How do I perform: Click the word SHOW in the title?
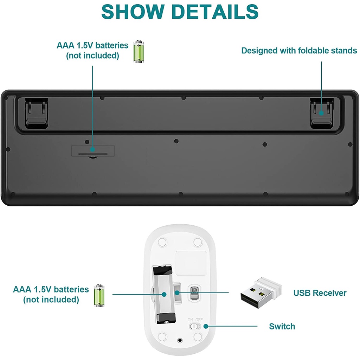tap(133, 12)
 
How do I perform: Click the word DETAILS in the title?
tap(215, 12)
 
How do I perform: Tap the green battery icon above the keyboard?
tap(139, 51)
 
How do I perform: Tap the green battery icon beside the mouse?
tap(99, 295)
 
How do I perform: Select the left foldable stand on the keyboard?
tap(37, 113)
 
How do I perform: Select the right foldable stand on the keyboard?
tap(321, 113)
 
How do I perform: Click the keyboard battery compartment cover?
tap(93, 151)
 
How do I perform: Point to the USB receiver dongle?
tap(261, 292)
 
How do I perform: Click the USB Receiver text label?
tap(320, 293)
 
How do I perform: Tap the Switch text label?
tap(282, 326)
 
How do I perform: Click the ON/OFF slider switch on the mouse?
tap(195, 326)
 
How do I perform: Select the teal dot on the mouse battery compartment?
tap(164, 294)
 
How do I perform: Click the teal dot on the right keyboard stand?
tap(321, 113)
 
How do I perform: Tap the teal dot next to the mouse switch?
tap(206, 326)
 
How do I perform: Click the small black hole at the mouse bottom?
tap(180, 340)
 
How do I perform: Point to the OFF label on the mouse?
tap(199, 320)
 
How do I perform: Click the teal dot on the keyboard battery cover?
tap(92, 149)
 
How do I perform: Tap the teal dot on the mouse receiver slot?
tap(177, 293)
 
